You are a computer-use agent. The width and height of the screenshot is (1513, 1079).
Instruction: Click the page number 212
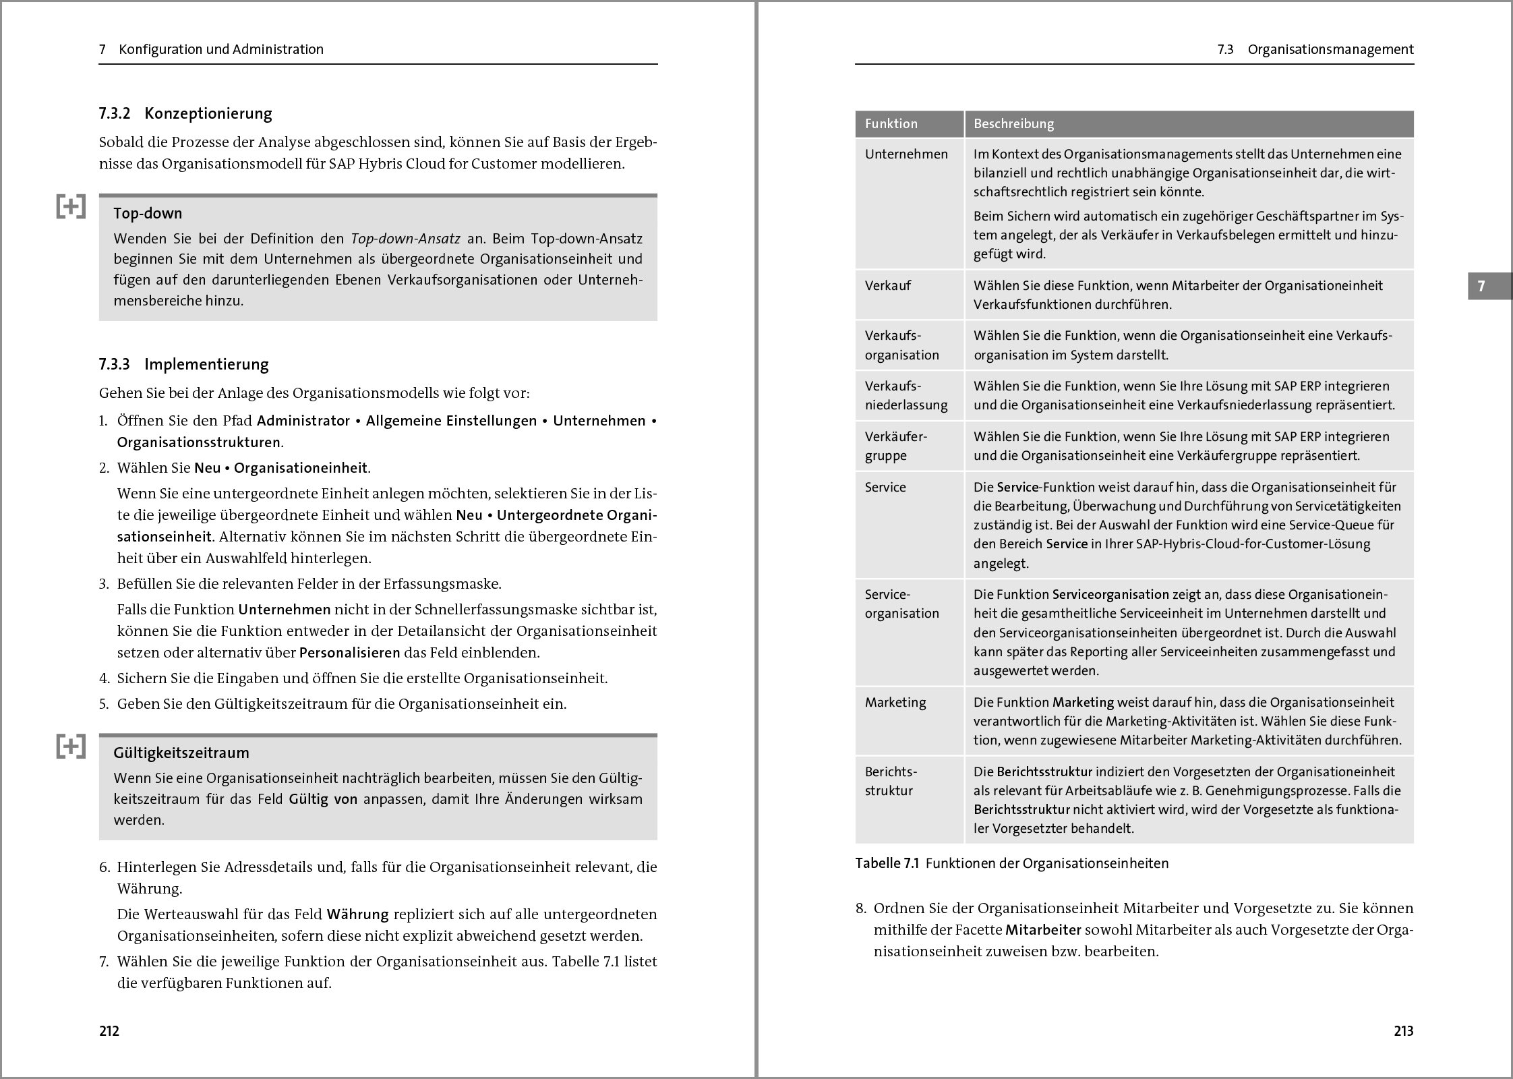(109, 1031)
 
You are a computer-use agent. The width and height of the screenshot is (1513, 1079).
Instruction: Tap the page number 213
(1403, 1031)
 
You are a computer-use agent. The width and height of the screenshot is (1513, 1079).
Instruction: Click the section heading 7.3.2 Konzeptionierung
(185, 113)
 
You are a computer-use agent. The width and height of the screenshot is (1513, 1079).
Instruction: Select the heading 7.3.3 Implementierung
(183, 365)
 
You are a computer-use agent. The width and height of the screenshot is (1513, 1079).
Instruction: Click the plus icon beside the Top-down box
(71, 207)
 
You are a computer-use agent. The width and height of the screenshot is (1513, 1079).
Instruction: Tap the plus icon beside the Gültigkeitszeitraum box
(71, 747)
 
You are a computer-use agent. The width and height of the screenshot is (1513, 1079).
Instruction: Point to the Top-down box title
(148, 214)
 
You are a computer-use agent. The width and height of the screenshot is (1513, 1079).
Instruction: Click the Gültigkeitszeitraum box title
(181, 753)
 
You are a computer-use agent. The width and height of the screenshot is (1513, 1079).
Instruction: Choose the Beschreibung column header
(1013, 124)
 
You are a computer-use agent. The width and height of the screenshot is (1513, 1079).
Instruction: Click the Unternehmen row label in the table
(906, 154)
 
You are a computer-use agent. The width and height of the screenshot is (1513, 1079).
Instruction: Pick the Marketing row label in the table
(895, 703)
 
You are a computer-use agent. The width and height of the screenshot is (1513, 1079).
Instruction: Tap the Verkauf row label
(888, 286)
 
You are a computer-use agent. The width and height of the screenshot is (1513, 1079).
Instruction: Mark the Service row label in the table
(885, 488)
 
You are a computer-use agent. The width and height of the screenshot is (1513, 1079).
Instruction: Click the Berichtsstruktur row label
(891, 781)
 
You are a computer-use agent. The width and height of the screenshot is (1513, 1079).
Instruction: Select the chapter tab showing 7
(1481, 287)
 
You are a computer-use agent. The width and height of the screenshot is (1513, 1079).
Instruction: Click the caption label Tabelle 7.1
(887, 864)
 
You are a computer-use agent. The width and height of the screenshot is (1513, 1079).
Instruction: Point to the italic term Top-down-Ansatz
(406, 239)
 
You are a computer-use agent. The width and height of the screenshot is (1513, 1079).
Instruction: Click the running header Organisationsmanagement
(1330, 49)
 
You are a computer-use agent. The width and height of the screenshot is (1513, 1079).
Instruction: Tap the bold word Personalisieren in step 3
(349, 653)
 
